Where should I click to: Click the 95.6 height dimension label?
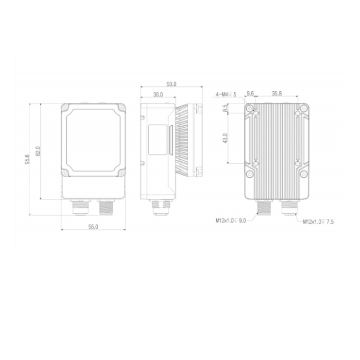point(27,159)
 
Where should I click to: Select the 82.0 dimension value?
point(38,151)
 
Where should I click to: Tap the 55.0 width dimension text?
point(93,227)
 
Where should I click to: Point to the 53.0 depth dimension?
point(171,84)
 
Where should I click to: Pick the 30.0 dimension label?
point(158,95)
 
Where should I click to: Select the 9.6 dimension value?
point(250,94)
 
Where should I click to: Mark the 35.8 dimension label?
point(276,94)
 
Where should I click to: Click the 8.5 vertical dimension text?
point(226,108)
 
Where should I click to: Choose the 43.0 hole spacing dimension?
point(225,138)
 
